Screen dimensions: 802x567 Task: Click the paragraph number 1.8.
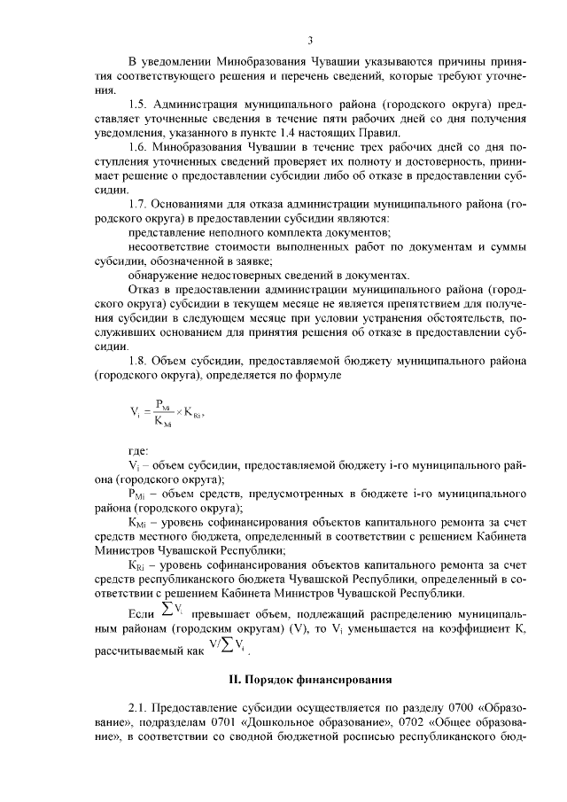139,361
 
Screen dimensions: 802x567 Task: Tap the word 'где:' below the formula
138,450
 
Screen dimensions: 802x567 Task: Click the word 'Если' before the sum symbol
143,613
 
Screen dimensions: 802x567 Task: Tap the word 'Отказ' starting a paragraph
145,289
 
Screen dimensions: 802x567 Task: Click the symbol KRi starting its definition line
138,565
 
